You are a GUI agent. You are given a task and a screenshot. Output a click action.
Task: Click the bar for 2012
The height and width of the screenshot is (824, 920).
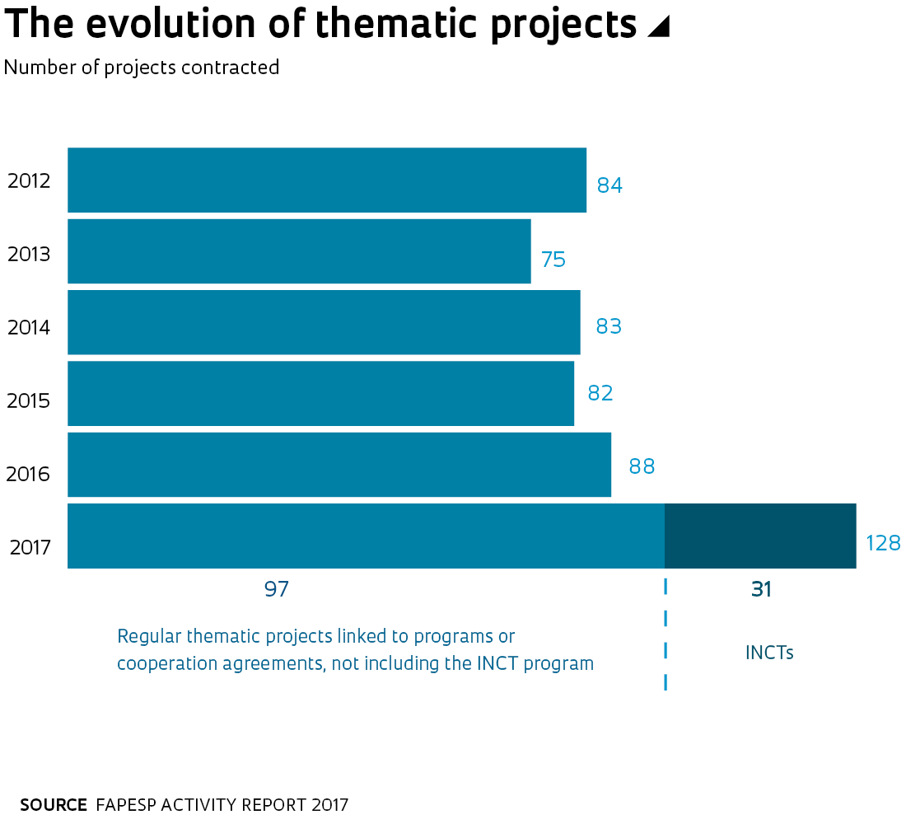(x=327, y=180)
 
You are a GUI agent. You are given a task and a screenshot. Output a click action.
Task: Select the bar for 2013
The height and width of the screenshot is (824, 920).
(x=299, y=250)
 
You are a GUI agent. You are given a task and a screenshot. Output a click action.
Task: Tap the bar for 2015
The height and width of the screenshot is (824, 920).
(x=320, y=393)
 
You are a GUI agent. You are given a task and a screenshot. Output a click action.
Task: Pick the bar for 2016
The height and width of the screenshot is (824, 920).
(x=339, y=465)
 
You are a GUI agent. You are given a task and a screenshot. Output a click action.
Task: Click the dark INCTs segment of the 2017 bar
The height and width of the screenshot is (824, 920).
(x=760, y=536)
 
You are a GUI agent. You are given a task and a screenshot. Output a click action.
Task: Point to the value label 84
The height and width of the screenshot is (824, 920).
(x=609, y=185)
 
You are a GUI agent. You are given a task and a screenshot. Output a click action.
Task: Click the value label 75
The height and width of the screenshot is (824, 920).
(x=553, y=260)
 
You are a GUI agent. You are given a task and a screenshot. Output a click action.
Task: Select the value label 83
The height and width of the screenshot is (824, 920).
(x=609, y=326)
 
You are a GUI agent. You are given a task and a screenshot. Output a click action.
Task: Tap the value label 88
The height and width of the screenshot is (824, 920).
(x=642, y=466)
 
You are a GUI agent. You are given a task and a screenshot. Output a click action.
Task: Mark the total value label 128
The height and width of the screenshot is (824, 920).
(x=883, y=543)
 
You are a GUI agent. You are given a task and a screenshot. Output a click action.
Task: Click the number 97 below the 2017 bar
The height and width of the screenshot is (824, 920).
(x=277, y=589)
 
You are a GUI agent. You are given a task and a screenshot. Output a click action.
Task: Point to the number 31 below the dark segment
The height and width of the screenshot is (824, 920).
(x=761, y=589)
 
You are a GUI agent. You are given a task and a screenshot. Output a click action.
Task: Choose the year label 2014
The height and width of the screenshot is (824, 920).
(x=29, y=327)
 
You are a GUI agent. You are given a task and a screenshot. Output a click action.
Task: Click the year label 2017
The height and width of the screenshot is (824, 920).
(x=30, y=546)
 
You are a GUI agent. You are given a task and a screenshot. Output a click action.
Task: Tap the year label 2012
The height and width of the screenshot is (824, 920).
(x=29, y=180)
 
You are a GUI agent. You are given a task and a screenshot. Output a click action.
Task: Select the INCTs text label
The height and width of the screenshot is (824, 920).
(x=769, y=653)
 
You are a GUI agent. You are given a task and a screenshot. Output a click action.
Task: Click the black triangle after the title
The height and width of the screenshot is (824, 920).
(x=658, y=27)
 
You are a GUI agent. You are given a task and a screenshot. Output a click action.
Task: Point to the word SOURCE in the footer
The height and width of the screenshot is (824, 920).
(x=54, y=805)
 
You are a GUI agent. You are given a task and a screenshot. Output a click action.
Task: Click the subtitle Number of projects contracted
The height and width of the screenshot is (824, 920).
(x=142, y=68)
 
